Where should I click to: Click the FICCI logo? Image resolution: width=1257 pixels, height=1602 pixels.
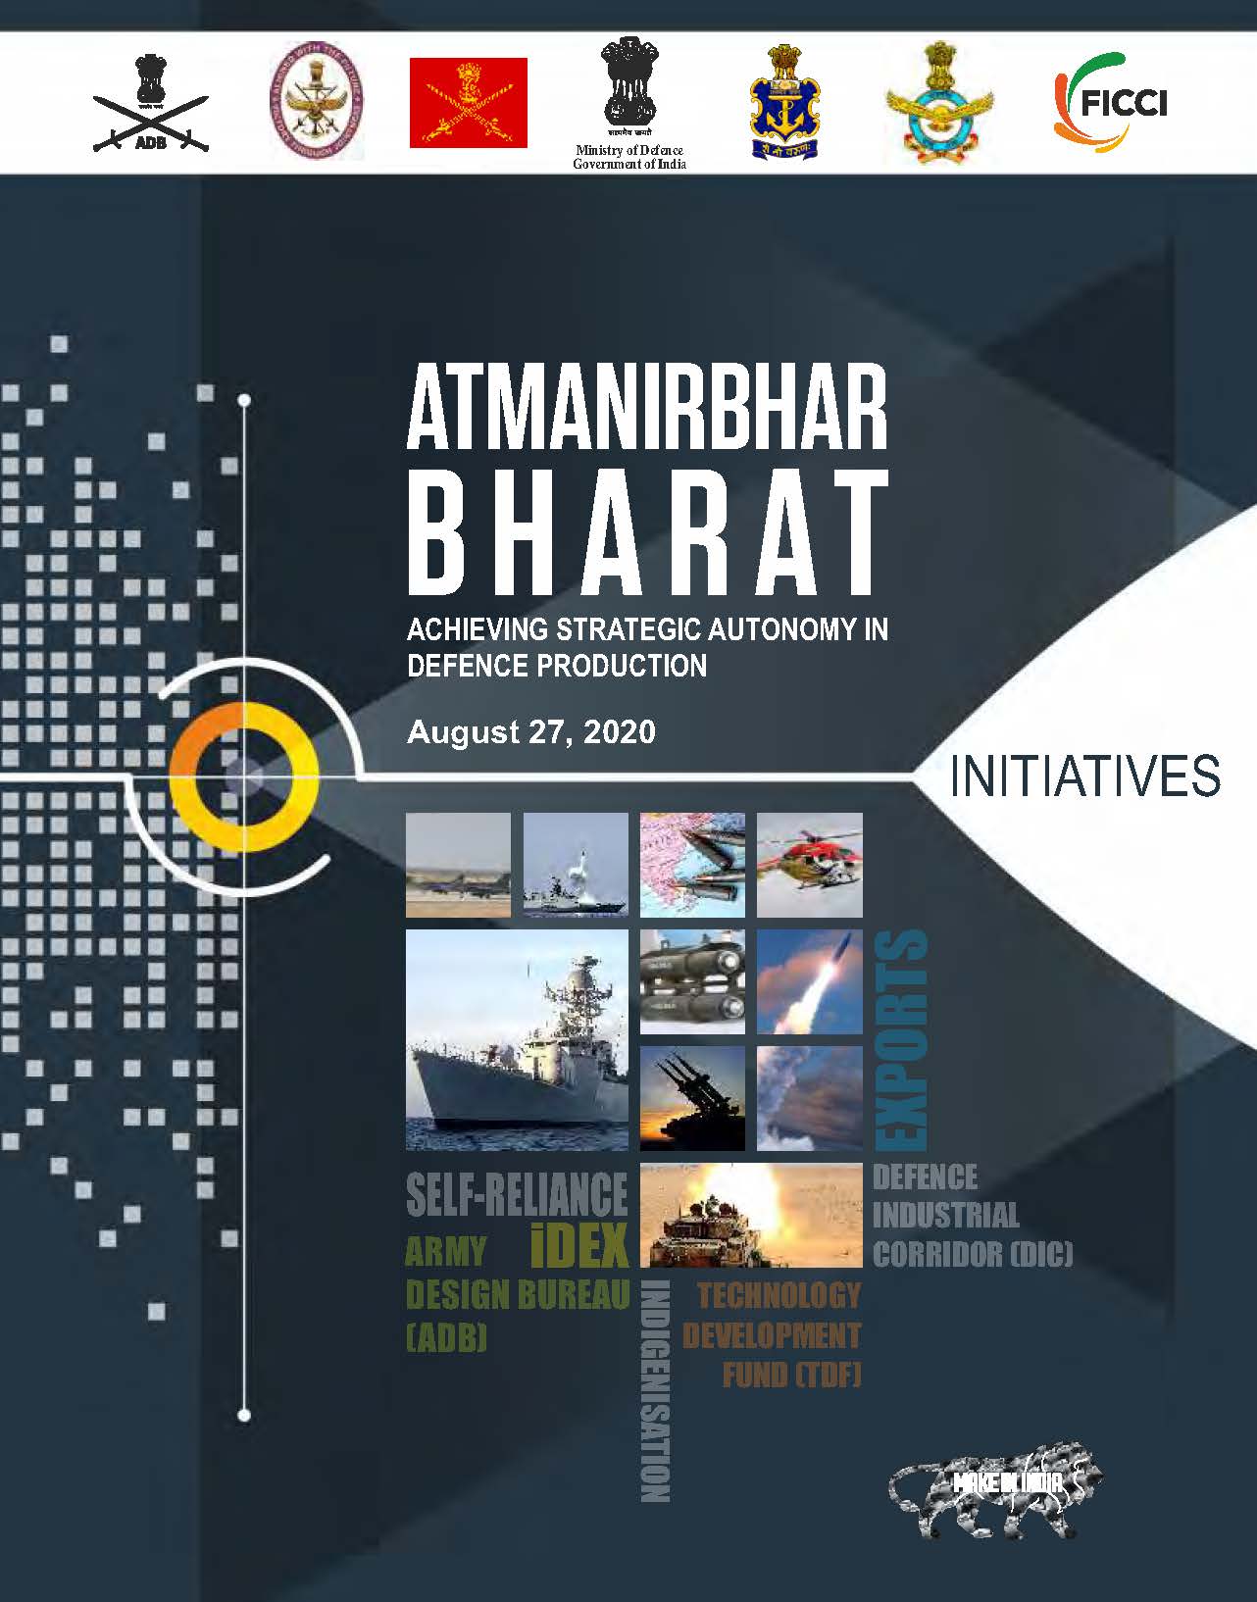1110,101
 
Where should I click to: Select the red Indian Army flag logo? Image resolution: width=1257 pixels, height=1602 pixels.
468,103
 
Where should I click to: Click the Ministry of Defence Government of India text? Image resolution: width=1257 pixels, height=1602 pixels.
629,157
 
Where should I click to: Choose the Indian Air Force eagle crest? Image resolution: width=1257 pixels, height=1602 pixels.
938,103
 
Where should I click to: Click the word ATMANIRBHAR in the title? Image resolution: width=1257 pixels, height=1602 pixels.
647,409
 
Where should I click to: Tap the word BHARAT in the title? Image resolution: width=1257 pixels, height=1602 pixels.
647,535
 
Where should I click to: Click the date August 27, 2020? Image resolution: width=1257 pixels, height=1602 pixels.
530,732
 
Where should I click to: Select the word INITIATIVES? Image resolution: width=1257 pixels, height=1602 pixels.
1085,776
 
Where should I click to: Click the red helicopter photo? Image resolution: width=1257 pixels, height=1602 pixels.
809,865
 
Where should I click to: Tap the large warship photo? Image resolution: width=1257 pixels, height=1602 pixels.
517,1039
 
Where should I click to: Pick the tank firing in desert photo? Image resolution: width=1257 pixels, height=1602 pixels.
750,1215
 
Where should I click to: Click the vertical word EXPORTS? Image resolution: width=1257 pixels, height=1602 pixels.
900,1039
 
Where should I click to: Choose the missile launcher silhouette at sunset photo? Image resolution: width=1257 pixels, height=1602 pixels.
691,1098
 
